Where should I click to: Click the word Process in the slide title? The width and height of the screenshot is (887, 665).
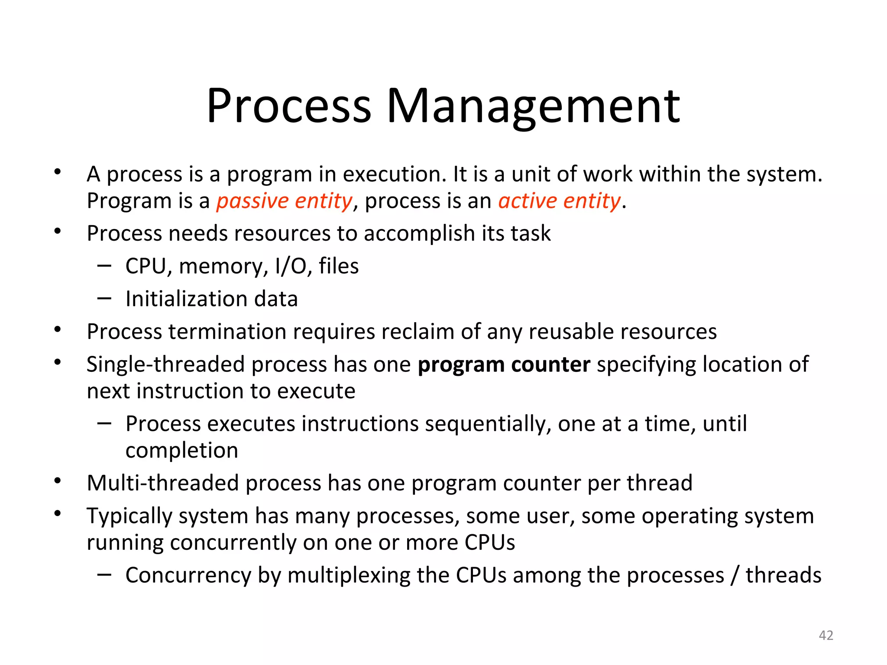click(x=288, y=107)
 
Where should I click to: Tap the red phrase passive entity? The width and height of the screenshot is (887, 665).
click(x=285, y=201)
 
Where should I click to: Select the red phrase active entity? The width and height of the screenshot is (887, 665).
click(x=559, y=201)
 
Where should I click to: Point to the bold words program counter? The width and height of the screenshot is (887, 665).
click(x=504, y=365)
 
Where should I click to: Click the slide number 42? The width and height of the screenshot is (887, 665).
click(x=826, y=635)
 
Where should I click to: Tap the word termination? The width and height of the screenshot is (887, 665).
click(x=227, y=332)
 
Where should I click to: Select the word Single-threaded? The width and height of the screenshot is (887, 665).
click(x=166, y=365)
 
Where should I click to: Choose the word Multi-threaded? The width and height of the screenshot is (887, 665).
click(x=163, y=483)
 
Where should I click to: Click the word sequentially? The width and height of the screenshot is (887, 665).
click(x=487, y=424)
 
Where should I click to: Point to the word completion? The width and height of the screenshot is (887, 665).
click(x=182, y=451)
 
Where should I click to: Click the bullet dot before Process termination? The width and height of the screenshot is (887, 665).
click(x=58, y=330)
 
